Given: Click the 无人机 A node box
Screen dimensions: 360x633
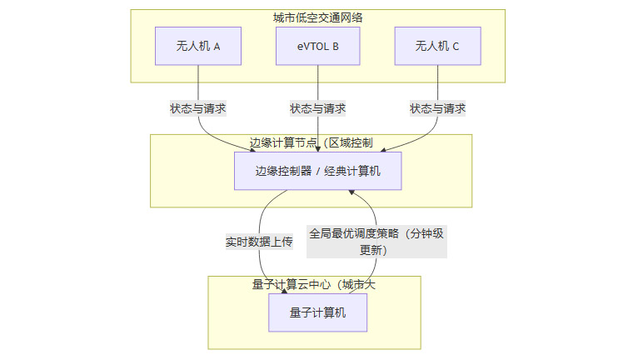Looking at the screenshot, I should [x=198, y=46].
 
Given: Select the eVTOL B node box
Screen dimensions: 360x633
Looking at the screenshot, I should [x=317, y=46].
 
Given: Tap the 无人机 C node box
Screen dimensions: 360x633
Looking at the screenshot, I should [x=437, y=46].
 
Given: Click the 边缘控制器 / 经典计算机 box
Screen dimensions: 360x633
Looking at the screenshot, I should [x=317, y=171].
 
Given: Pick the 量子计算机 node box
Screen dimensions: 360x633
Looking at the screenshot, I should [x=317, y=312].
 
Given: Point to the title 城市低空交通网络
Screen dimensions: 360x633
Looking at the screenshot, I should [x=317, y=17].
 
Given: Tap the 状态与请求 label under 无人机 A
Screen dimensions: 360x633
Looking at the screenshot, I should [x=198, y=108].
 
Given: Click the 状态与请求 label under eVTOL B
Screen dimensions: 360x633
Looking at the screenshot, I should [x=317, y=108].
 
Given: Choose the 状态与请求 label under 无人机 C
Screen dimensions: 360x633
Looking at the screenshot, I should [x=437, y=108].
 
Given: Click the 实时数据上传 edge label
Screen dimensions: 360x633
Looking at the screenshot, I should [x=259, y=242].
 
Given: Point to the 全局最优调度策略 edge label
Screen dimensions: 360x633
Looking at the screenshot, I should [x=376, y=241].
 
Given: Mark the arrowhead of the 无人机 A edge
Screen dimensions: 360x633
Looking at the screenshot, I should [x=253, y=149].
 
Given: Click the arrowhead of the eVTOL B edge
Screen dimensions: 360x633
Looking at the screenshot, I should [x=317, y=148].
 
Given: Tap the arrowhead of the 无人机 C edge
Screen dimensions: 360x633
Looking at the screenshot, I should [x=382, y=149].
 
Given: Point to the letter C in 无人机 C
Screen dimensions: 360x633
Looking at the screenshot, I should [x=456, y=46].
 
